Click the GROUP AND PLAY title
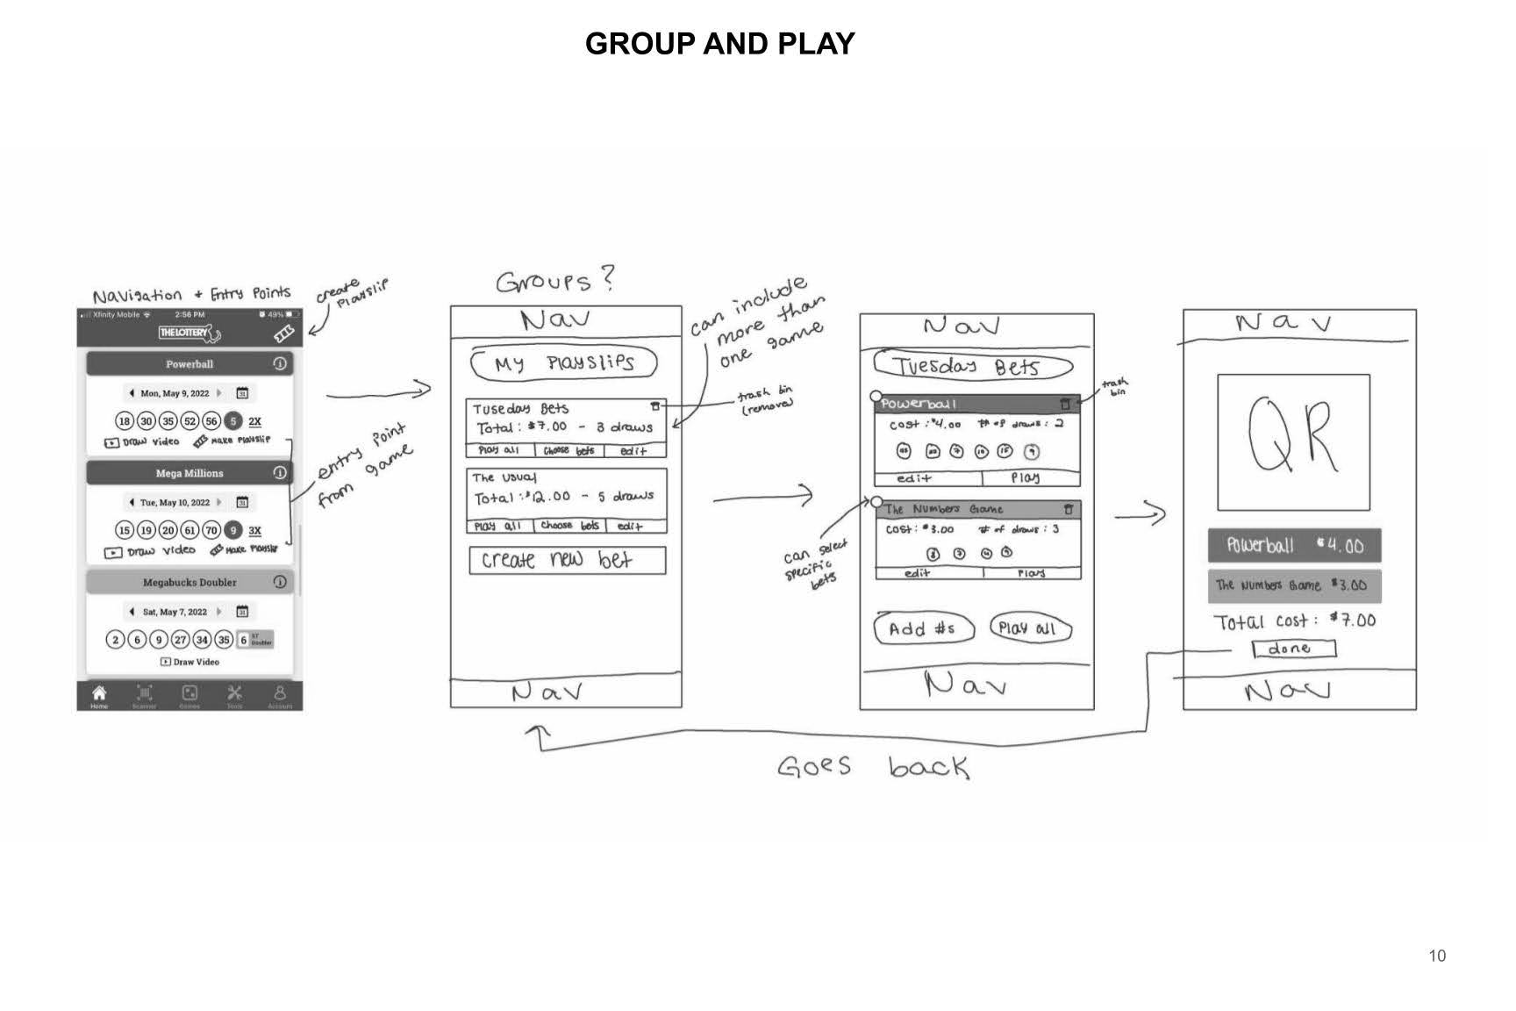point(719,44)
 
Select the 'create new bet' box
point(567,560)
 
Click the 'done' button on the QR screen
point(1293,649)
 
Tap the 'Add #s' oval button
point(925,628)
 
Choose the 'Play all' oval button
point(1030,628)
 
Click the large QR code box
point(1293,442)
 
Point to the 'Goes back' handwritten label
point(873,768)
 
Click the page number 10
point(1437,956)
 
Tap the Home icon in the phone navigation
point(99,694)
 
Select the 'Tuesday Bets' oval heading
point(972,366)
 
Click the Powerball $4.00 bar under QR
point(1294,545)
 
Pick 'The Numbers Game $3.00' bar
point(1294,585)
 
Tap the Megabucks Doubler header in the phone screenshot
point(189,582)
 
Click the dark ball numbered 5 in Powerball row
point(233,421)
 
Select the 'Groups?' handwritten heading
point(555,282)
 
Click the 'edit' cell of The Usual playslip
point(630,526)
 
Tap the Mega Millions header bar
point(189,473)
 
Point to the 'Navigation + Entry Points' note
point(191,294)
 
